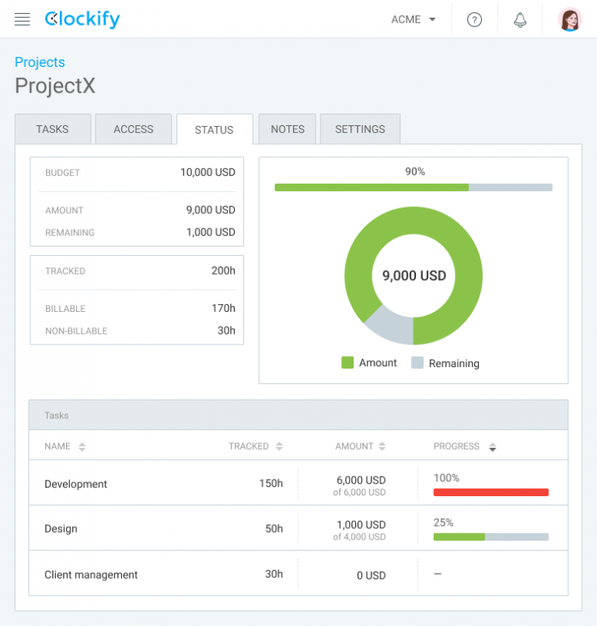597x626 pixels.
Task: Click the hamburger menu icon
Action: coord(23,19)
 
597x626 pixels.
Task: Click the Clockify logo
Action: coord(82,19)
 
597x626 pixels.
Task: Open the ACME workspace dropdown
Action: coord(414,19)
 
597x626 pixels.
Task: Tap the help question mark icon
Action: coord(474,20)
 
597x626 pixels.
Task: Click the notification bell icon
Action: coord(520,20)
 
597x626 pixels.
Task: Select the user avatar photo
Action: coord(570,19)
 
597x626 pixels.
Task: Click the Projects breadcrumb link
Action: coord(40,62)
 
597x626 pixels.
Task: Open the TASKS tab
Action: coord(52,129)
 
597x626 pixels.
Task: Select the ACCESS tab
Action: coord(133,129)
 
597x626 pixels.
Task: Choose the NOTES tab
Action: coord(288,129)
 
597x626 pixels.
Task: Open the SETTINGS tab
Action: coord(360,129)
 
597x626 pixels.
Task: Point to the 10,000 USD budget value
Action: coord(208,173)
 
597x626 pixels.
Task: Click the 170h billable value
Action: coord(223,309)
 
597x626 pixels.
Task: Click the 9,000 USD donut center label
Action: coord(414,276)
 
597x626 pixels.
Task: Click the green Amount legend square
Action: coord(347,363)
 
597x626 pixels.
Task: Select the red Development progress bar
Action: coord(491,492)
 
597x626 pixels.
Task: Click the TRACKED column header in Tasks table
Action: coord(248,446)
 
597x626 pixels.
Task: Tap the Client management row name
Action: coord(91,575)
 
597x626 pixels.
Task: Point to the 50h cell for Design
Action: coord(274,529)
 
